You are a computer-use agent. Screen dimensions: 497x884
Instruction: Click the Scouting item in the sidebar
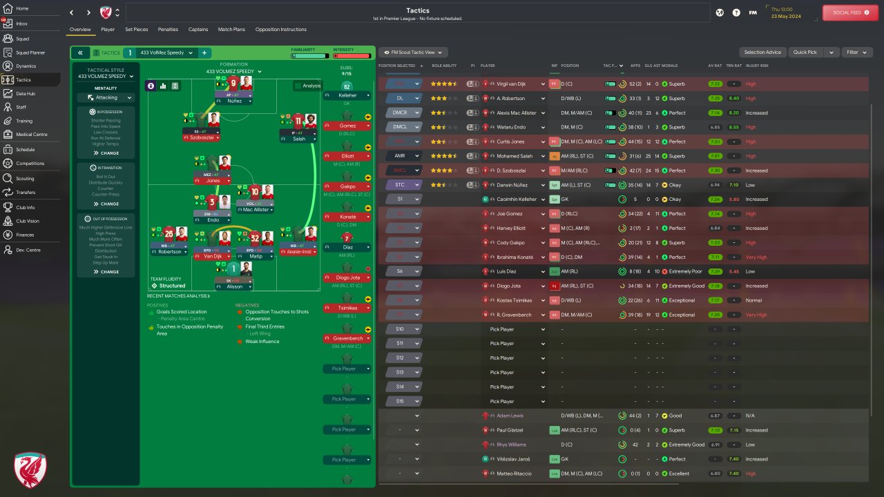[25, 178]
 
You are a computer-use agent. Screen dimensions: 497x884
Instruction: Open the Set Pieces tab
[136, 30]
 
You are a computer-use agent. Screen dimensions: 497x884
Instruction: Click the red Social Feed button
[850, 12]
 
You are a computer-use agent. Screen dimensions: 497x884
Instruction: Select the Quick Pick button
[805, 52]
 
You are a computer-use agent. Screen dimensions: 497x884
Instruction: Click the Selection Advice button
[762, 52]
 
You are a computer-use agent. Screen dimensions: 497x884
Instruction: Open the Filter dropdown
[856, 52]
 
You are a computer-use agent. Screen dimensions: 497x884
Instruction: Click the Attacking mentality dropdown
[106, 98]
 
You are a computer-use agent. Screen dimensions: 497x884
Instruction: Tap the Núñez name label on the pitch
[233, 101]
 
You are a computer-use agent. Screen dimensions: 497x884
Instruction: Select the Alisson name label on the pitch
[234, 286]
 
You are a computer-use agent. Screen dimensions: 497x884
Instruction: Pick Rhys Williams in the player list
[511, 445]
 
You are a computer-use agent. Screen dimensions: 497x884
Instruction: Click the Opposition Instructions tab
[280, 30]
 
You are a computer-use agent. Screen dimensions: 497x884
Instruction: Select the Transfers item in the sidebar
[26, 193]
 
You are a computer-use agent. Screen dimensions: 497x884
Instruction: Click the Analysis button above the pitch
[307, 86]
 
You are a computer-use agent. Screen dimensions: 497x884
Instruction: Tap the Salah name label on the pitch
[298, 139]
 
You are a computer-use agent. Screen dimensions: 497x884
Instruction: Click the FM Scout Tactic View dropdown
[413, 52]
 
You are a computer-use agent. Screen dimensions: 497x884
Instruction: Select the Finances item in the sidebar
[25, 235]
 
